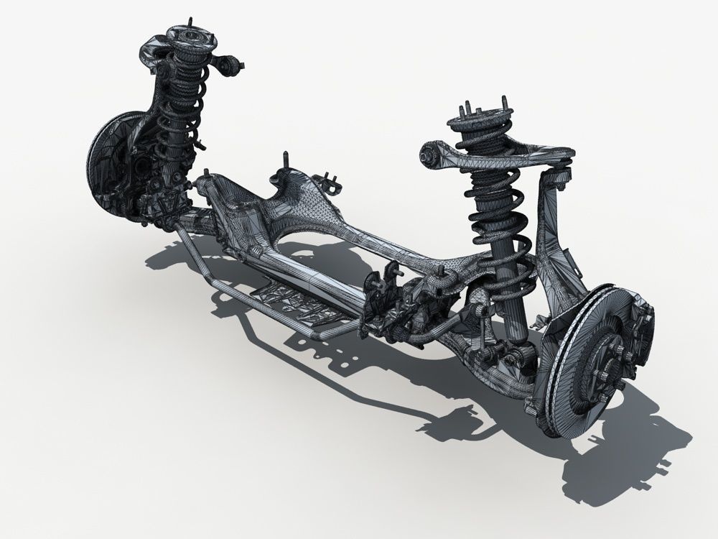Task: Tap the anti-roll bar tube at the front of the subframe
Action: click(x=237, y=287)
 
